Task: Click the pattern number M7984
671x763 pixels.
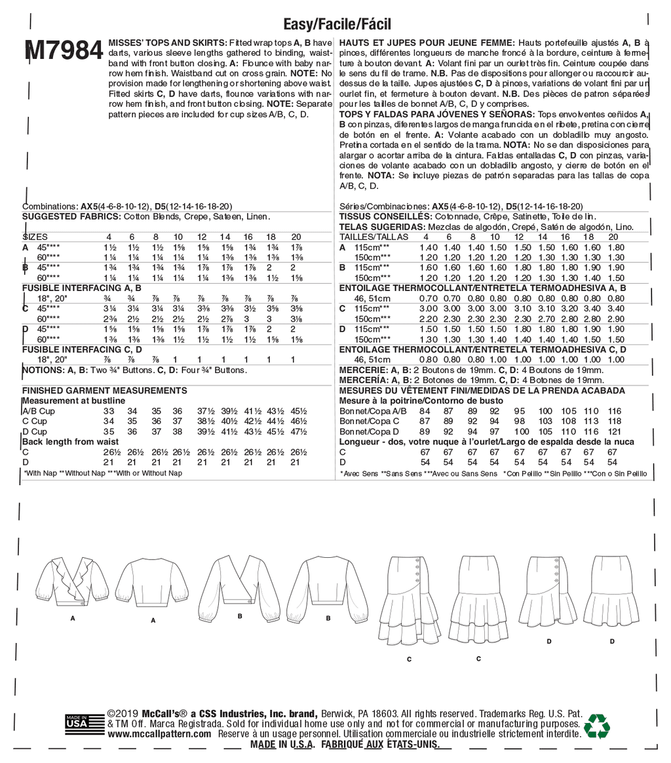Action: [63, 50]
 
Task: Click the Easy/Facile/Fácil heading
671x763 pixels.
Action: [337, 25]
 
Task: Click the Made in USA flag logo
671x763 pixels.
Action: [76, 724]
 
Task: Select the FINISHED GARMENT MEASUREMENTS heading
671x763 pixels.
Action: [104, 390]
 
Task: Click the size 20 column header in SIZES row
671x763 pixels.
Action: [295, 237]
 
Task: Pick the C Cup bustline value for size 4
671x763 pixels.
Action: [109, 421]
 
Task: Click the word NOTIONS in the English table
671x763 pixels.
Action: [42, 370]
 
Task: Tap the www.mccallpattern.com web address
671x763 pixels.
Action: [159, 735]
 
